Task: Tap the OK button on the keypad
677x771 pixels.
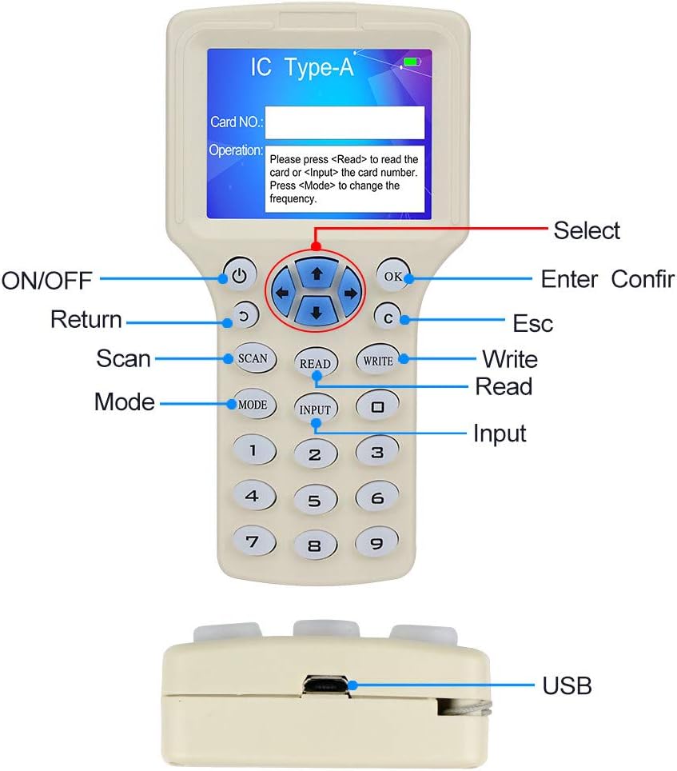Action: (x=392, y=275)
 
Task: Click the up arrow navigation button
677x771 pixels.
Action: (x=317, y=273)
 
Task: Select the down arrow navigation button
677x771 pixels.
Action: (x=317, y=312)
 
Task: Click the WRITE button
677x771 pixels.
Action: (x=378, y=361)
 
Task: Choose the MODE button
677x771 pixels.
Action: (x=253, y=405)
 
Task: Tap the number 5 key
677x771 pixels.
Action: (x=315, y=501)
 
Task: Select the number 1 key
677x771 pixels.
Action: (x=253, y=450)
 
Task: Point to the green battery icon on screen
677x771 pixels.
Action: (x=412, y=62)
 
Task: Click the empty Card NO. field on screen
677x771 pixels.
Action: (x=344, y=122)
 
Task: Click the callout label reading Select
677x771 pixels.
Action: (x=587, y=230)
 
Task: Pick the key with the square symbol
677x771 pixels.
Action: (x=378, y=405)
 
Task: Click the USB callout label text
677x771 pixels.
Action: (x=567, y=685)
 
